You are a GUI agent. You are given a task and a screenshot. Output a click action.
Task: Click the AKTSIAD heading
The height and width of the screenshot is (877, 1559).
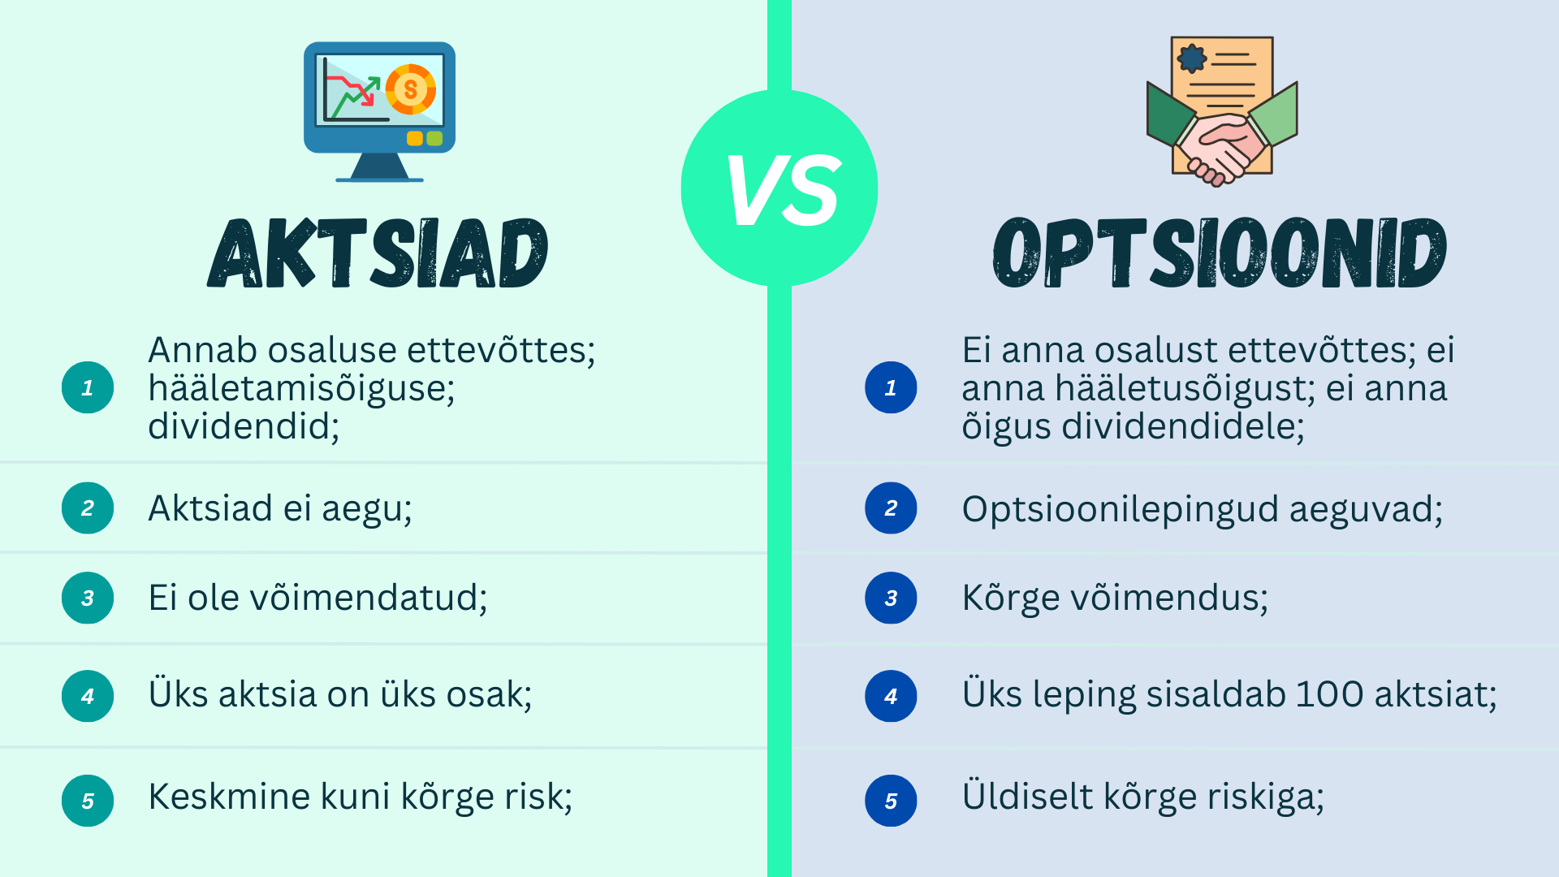click(378, 253)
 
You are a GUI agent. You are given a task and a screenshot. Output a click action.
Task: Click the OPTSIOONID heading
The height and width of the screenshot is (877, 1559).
click(1220, 253)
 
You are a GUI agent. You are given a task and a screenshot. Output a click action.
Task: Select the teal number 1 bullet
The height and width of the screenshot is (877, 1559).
click(88, 387)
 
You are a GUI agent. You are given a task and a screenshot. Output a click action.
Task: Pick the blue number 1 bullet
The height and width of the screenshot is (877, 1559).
click(891, 387)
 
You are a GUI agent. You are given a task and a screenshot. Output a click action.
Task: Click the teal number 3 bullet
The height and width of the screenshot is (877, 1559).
click(88, 598)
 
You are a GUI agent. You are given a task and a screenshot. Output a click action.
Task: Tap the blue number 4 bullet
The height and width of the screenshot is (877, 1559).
click(891, 696)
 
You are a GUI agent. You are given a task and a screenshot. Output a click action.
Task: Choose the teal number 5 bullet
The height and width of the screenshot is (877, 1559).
click(88, 801)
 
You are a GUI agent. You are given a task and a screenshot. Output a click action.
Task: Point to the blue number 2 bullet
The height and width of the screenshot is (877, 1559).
click(891, 508)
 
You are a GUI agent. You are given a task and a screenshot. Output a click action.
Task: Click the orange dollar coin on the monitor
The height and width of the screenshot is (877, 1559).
click(411, 89)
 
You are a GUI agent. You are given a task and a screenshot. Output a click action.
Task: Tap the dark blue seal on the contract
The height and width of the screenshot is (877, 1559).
click(1192, 58)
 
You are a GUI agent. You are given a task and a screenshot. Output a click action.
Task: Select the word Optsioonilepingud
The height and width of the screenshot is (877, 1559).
click(1120, 510)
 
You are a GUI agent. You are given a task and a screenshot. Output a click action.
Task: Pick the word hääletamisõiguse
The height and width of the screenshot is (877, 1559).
click(300, 389)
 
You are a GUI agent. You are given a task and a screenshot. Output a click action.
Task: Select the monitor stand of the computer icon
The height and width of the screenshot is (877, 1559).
click(379, 167)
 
